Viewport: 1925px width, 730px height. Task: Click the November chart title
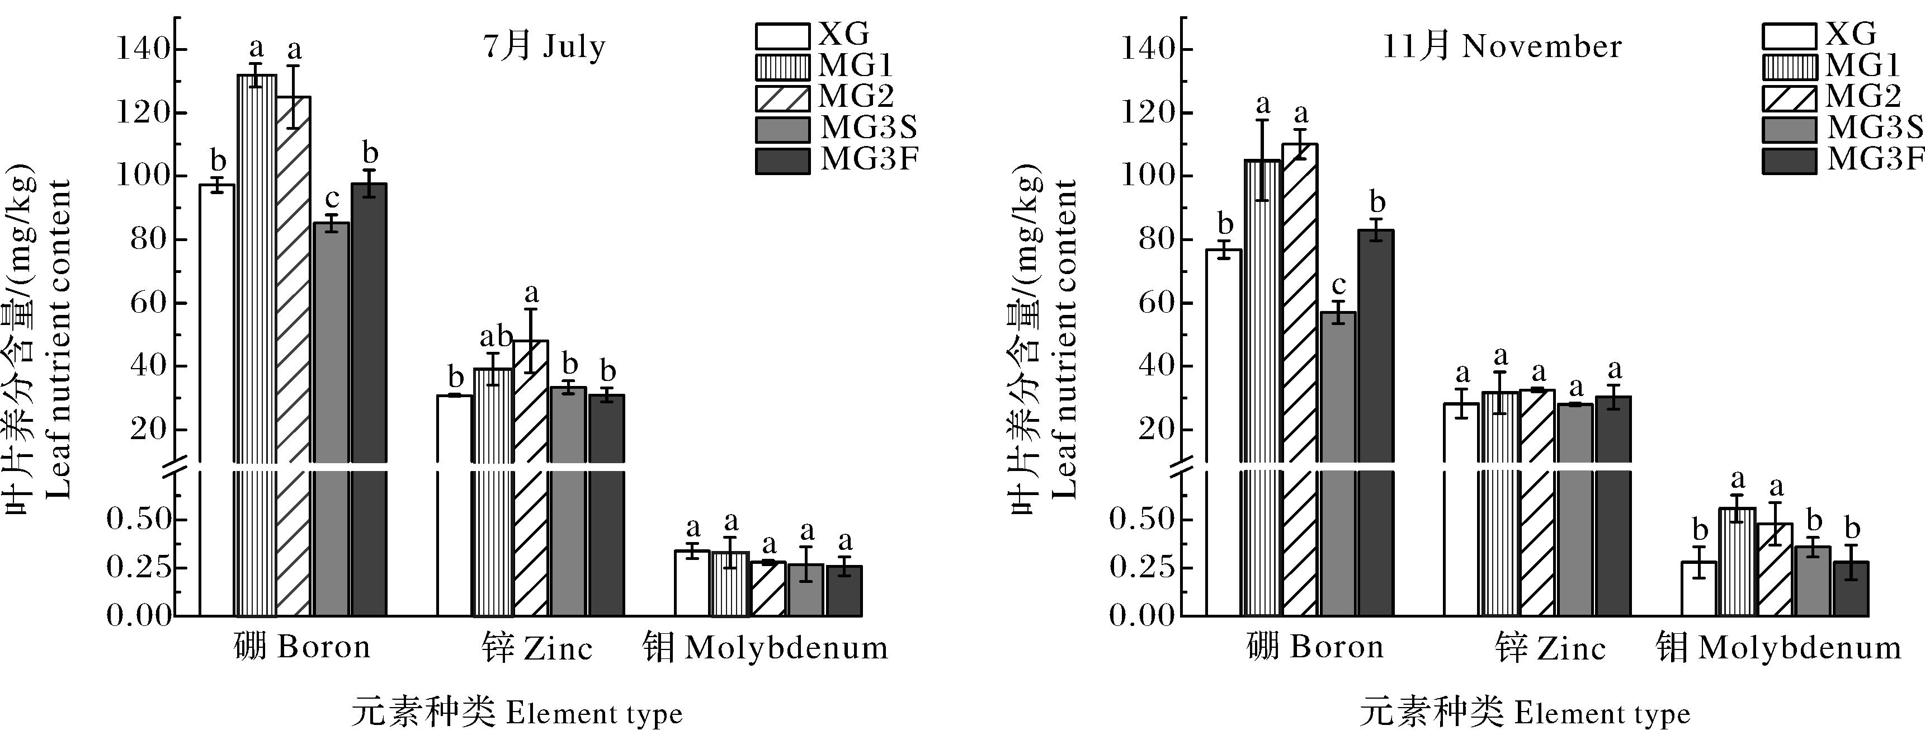1502,46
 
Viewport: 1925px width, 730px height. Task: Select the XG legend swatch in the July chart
782,35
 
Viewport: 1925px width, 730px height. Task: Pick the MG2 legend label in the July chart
856,97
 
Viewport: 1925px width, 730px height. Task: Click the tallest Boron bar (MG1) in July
256,299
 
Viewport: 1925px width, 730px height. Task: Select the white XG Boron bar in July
216,336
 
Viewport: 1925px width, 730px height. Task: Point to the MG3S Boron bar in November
1338,418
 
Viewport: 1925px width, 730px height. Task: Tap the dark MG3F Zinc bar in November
1613,463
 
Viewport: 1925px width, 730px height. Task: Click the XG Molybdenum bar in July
692,583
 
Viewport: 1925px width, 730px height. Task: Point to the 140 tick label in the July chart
141,50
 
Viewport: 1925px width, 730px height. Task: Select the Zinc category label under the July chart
536,648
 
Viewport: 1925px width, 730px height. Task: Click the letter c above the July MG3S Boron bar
332,199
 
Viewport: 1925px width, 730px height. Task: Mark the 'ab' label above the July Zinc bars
496,337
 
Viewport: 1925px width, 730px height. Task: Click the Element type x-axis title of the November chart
1525,713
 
